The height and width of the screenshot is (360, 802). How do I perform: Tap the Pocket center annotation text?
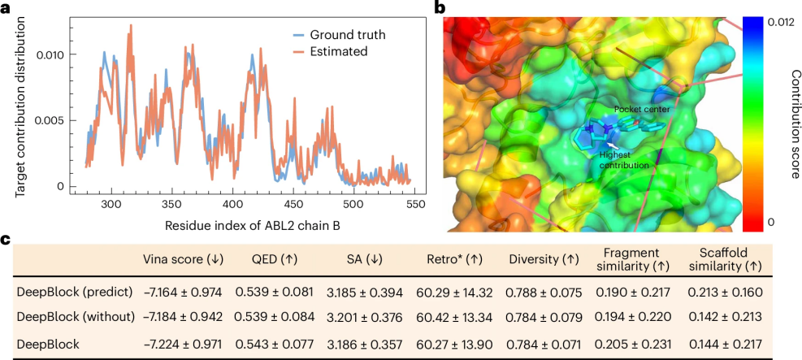point(636,109)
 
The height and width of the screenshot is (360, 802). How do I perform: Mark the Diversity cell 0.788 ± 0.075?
point(543,291)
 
